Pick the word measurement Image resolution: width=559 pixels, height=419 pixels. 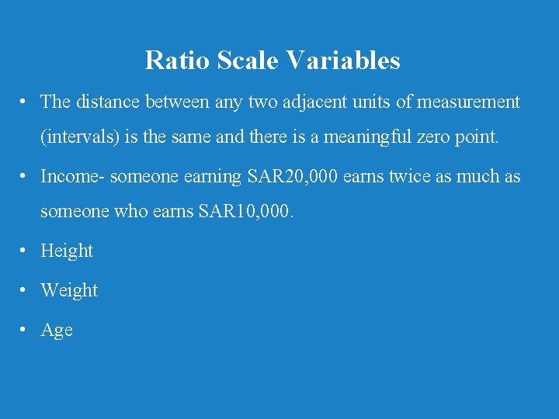coord(468,102)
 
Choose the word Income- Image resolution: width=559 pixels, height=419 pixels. coord(72,176)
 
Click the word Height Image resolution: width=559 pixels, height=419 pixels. coord(67,251)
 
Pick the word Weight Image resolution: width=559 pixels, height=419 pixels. coord(69,290)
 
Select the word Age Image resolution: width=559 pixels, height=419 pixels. coord(57,331)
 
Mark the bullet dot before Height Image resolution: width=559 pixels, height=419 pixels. coord(26,251)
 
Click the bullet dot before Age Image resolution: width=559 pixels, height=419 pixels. coord(26,330)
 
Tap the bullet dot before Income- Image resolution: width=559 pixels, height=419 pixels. coord(26,176)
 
